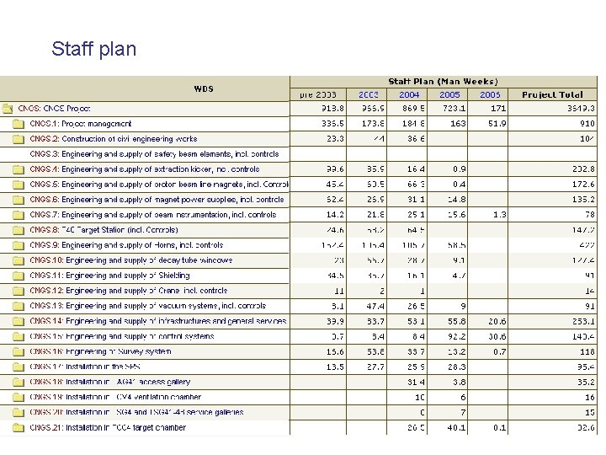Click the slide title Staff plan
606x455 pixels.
[x=93, y=49]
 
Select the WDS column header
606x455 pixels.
[x=204, y=88]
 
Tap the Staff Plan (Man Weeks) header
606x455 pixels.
[x=442, y=81]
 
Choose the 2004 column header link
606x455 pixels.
[x=409, y=94]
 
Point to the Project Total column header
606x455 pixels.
[x=552, y=94]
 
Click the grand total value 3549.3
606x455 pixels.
[x=581, y=109]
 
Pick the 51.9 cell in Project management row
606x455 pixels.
[x=496, y=124]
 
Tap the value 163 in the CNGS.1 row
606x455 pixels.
[x=457, y=124]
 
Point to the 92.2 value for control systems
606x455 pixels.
[x=454, y=336]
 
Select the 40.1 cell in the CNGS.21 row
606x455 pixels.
[x=454, y=427]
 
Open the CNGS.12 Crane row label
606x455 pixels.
[x=128, y=291]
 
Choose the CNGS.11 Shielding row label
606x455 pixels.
[x=109, y=276]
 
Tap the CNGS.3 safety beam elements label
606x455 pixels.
[x=154, y=154]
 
